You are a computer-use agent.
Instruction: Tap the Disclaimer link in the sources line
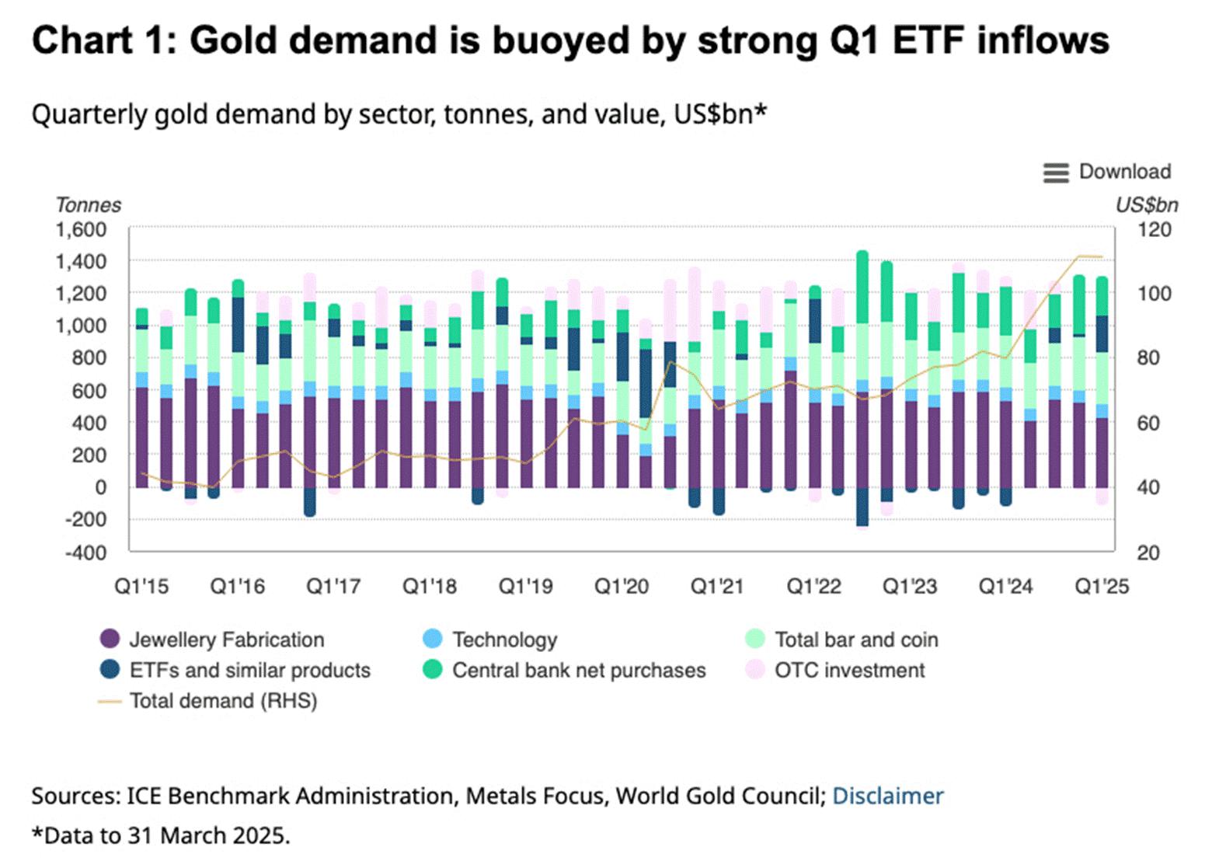[x=887, y=796]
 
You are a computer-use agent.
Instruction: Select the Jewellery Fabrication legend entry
[x=225, y=640]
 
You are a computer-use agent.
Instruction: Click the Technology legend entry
[x=504, y=640]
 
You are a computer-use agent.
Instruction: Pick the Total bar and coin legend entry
[x=855, y=640]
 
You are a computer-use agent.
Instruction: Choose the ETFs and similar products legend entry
[x=249, y=670]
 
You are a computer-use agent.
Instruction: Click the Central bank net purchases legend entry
[x=578, y=670]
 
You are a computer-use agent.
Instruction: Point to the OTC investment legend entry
[x=849, y=670]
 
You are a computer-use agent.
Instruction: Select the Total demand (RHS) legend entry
[x=222, y=701]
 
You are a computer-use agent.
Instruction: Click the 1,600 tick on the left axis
[x=81, y=230]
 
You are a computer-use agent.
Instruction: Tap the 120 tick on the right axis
[x=1154, y=230]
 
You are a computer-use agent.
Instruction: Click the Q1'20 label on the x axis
[x=621, y=586]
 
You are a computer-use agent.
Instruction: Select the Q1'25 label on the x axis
[x=1101, y=586]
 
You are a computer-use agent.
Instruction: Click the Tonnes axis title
[x=89, y=205]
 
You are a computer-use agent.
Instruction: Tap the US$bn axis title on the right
[x=1146, y=205]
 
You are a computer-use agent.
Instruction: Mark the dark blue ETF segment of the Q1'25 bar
[x=1102, y=334]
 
